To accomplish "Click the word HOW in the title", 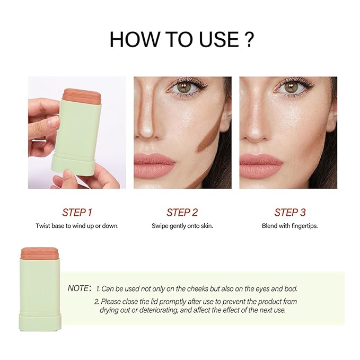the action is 134,39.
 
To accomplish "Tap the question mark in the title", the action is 248,39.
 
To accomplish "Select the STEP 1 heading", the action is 77,213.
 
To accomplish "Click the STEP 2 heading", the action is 182,213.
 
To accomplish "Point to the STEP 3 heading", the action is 290,213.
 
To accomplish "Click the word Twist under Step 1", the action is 43,226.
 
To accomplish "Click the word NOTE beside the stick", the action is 78,288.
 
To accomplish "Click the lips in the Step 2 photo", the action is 154,165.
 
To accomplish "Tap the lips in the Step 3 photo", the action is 261,165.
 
